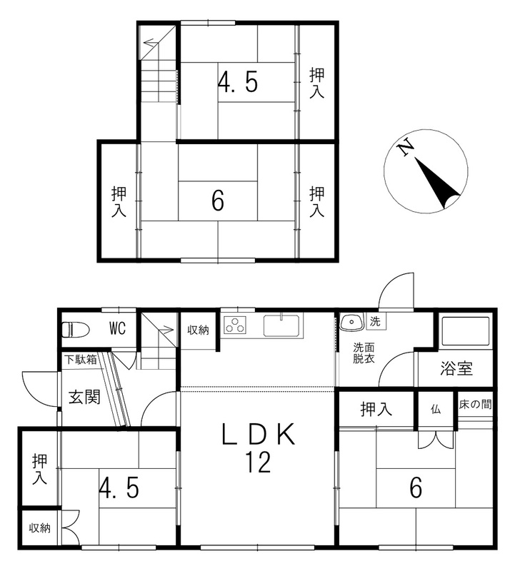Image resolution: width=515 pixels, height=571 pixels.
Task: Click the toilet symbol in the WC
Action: click(76, 330)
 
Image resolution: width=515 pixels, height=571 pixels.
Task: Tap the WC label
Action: click(118, 329)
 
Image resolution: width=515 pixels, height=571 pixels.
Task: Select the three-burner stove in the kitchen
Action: click(235, 325)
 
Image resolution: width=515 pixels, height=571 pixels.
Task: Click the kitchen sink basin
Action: click(281, 325)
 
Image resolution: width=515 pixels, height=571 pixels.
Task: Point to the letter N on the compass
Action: click(405, 148)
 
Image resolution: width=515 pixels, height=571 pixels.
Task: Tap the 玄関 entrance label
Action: click(84, 397)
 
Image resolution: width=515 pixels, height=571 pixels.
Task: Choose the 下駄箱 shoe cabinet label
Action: click(81, 360)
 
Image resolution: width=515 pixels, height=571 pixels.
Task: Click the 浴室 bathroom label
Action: click(456, 368)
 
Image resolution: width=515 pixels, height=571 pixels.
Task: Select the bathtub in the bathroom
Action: click(466, 331)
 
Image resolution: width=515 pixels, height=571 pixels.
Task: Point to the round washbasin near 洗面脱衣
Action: click(351, 323)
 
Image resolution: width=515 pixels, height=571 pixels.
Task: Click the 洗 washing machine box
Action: click(376, 322)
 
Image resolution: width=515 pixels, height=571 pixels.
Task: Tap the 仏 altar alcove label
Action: click(436, 409)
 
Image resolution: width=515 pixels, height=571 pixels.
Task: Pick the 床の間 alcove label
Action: click(475, 404)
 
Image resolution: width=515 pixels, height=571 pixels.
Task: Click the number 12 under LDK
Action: click(259, 462)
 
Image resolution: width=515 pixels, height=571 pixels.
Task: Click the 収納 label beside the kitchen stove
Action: click(198, 330)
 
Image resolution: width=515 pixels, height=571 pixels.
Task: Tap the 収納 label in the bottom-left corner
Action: click(40, 527)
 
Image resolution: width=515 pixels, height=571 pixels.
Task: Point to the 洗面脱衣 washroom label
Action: click(364, 353)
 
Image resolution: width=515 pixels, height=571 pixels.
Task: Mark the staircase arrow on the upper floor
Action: click(152, 43)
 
